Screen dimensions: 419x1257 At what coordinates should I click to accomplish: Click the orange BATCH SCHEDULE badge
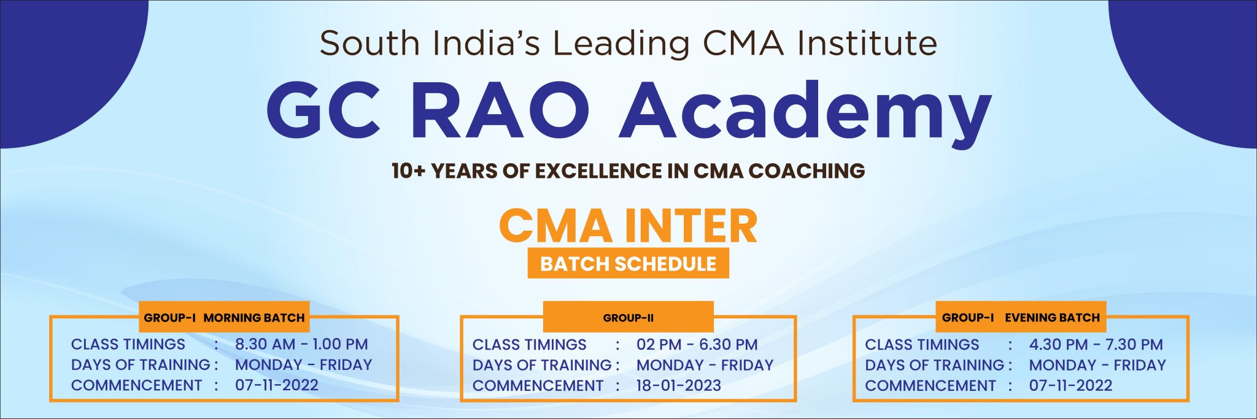point(628,264)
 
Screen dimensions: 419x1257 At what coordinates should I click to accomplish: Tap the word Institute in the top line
point(867,44)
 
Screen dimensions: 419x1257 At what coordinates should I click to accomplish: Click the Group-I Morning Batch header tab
point(224,318)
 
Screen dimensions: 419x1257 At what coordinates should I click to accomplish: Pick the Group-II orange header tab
point(628,318)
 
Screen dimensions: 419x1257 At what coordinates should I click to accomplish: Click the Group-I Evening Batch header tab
point(1021,318)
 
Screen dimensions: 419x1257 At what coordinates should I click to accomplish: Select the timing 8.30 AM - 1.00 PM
point(301,344)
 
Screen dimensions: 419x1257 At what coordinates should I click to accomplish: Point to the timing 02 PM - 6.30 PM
point(697,345)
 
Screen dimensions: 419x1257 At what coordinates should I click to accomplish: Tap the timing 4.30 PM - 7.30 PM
point(1096,345)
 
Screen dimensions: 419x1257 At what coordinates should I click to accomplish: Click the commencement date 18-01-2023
point(678,385)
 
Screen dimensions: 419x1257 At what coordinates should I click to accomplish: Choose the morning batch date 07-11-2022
point(277,385)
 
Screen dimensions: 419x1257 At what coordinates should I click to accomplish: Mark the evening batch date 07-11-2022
point(1070,385)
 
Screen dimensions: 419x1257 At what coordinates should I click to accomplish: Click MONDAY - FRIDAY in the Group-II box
point(705,365)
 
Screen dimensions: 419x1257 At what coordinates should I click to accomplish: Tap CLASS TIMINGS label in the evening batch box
point(922,345)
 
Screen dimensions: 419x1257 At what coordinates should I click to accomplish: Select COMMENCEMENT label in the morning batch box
point(136,385)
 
